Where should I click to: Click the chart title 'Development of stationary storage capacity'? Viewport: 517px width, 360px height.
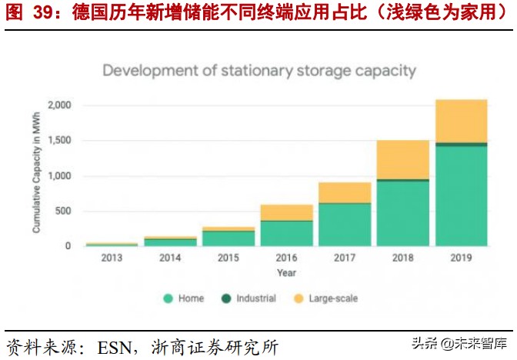(258, 72)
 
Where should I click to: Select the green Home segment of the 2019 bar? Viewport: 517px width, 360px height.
(461, 196)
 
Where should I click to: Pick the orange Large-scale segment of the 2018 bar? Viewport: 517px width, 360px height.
(402, 159)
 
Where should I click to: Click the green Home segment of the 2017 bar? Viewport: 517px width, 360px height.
(344, 225)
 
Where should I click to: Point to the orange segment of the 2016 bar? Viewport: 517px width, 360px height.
(285, 212)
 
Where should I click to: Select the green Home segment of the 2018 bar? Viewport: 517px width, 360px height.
(402, 214)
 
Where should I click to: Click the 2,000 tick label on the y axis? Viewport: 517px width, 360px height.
(59, 105)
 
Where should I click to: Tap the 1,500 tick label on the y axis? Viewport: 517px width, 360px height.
(59, 141)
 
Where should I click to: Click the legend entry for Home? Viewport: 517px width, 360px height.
(185, 298)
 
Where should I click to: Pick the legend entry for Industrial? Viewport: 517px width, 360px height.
(251, 298)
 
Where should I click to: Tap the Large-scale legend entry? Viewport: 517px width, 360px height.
(326, 298)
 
